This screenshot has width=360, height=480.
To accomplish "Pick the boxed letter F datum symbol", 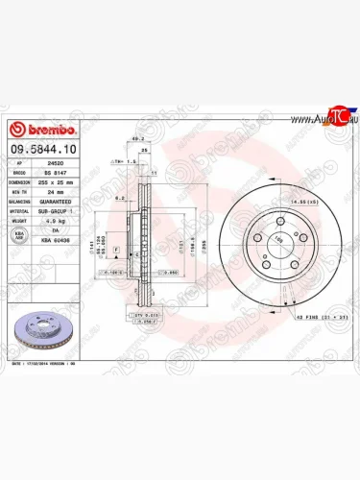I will (x=116, y=249).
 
